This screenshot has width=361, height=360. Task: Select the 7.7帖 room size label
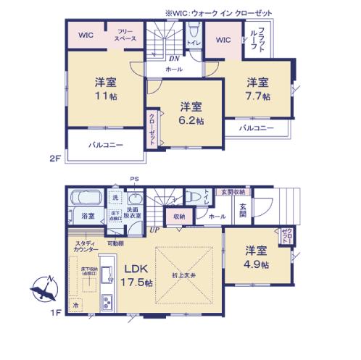click(258, 96)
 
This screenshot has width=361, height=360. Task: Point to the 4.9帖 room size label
click(256, 265)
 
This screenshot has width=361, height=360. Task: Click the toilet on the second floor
click(193, 33)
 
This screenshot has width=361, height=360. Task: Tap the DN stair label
click(175, 59)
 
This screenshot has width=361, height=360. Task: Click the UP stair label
click(154, 230)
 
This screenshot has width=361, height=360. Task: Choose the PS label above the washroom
click(133, 179)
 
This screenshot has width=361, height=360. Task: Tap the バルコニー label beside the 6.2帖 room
click(106, 145)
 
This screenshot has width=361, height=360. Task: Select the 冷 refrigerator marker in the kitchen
click(75, 308)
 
